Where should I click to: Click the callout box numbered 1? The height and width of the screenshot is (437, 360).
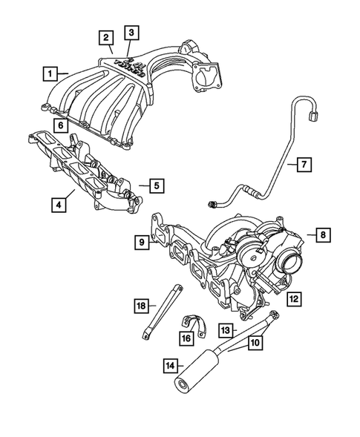[x=50, y=73]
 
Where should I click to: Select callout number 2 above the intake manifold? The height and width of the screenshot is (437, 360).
[x=107, y=37]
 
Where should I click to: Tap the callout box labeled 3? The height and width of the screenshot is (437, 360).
[x=131, y=32]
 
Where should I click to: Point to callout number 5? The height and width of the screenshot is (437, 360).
[x=155, y=185]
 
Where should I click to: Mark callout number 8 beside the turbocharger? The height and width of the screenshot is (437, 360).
[x=323, y=235]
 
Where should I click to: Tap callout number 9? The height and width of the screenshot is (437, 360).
[x=140, y=240]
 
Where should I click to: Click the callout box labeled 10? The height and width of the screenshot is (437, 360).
[x=254, y=343]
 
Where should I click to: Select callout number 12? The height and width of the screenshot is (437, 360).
[x=294, y=299]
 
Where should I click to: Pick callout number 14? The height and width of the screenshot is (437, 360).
[x=172, y=365]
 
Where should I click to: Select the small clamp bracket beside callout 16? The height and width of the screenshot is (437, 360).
[x=192, y=326]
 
